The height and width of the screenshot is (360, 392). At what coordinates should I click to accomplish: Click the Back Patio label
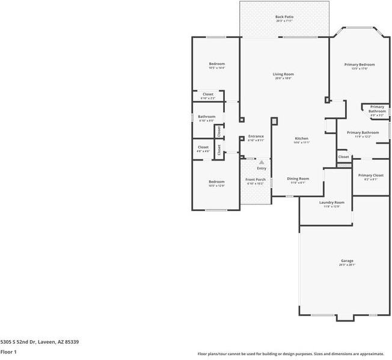pos(284,17)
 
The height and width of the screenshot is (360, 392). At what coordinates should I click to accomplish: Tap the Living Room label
pos(284,75)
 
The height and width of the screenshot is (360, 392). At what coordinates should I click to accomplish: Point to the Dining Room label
pos(298,178)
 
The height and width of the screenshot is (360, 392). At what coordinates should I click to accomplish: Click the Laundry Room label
pos(332,203)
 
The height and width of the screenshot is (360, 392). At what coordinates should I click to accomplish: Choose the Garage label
pos(347,261)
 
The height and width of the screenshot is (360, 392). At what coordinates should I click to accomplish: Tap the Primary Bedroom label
pos(360,64)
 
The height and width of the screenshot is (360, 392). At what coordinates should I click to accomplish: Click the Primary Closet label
pos(370,175)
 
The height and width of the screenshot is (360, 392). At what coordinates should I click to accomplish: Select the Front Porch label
pos(256,180)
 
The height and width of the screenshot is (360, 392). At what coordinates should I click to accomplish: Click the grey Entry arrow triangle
pos(261,162)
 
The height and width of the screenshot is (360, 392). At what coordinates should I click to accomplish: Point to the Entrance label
pos(256,136)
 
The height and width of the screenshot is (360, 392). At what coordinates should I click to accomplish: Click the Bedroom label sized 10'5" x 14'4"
pos(216,64)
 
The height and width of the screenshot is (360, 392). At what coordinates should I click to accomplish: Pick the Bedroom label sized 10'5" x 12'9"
pos(216,182)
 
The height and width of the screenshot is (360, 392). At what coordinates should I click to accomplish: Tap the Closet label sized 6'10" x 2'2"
pos(207,94)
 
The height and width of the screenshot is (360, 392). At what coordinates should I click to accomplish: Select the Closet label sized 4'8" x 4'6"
pos(203,147)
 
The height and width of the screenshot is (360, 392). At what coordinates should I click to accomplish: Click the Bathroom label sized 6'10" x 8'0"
pos(207,117)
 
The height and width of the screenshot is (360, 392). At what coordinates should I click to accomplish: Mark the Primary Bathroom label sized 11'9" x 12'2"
pos(363,132)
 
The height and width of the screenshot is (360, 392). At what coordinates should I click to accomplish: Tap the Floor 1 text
pos(8,352)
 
